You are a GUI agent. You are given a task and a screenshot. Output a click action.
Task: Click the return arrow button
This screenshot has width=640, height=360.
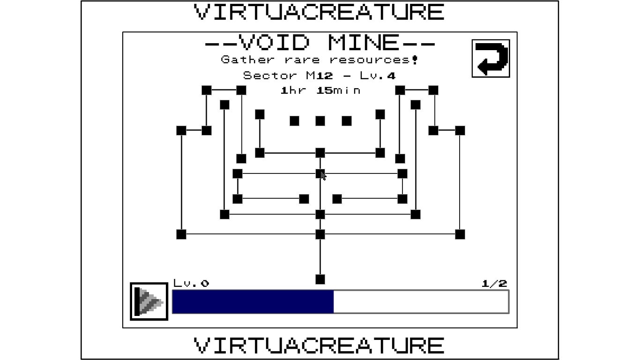491,59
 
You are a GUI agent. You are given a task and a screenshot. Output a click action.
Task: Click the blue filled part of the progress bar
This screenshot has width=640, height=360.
253,302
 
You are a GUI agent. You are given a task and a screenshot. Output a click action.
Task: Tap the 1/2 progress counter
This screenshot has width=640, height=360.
494,284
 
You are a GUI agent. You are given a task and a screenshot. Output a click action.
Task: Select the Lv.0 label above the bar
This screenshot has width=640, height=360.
191,284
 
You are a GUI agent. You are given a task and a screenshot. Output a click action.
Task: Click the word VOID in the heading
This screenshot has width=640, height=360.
274,42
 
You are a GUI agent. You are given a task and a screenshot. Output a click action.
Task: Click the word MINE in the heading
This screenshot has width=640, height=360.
363,42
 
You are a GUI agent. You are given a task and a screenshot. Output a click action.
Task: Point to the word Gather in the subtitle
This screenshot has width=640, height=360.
248,60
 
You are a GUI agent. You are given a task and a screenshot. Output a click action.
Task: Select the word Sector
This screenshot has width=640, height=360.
270,76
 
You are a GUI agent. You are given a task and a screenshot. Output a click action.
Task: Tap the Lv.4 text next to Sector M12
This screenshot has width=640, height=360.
378,76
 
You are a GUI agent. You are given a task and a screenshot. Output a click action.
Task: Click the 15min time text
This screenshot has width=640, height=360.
339,90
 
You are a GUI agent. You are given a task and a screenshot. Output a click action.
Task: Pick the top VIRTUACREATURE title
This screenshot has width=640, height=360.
319,12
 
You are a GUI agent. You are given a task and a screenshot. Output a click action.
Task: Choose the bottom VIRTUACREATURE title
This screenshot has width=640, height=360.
319,345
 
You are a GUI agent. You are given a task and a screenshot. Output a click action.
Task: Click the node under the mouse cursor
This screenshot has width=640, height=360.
320,173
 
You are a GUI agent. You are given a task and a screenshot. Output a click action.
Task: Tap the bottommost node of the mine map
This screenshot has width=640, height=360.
320,279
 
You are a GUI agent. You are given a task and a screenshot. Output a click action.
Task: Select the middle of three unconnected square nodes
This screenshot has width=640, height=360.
320,121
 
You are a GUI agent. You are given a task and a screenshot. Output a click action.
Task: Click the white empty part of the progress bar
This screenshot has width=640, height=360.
421,302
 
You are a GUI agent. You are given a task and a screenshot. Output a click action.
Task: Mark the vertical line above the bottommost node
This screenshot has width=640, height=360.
320,257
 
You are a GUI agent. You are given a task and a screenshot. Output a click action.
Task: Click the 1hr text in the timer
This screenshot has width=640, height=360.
293,90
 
